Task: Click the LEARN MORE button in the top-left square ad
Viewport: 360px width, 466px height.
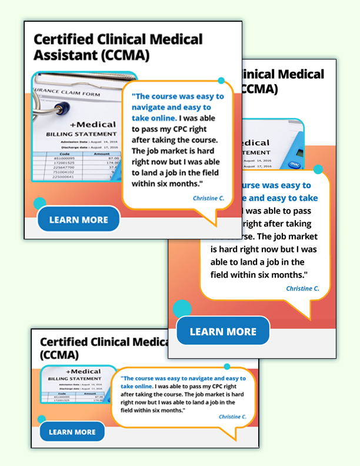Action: pos(78,219)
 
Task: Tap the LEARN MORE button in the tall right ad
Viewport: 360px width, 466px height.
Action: pos(223,331)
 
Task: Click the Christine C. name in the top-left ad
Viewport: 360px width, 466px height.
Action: pos(208,198)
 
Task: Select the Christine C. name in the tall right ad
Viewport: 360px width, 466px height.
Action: pos(302,288)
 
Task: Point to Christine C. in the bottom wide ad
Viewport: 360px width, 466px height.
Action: pos(232,417)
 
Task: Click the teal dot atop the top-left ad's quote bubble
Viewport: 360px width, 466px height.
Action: pos(221,81)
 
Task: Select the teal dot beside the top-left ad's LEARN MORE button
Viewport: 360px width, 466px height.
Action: pos(40,204)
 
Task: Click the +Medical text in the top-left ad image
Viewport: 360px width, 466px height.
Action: pos(92,125)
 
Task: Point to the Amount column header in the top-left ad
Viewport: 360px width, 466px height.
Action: pos(94,154)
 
